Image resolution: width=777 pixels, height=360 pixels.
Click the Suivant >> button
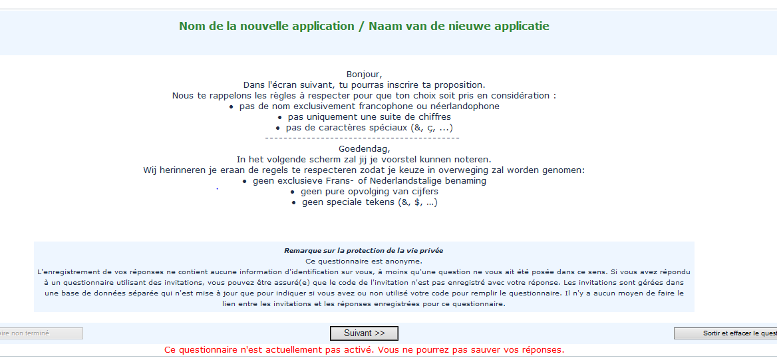tap(364, 333)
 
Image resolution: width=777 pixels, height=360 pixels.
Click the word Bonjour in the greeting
tap(363, 75)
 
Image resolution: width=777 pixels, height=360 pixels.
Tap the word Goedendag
tap(363, 149)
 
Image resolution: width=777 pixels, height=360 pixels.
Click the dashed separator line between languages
tap(362, 138)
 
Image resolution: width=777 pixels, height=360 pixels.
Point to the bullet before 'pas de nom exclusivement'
tap(232, 106)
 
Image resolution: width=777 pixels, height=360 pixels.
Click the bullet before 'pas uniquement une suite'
tap(280, 117)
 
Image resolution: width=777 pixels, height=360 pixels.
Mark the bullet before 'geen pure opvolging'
tap(293, 192)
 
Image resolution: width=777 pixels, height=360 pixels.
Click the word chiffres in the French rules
tap(432, 117)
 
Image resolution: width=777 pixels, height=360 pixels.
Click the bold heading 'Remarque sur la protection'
tap(363, 251)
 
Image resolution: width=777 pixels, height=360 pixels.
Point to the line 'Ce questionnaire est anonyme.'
tap(363, 262)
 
